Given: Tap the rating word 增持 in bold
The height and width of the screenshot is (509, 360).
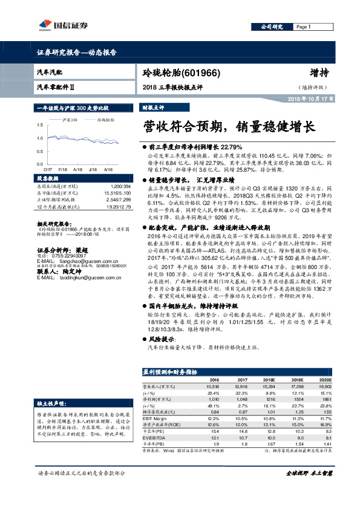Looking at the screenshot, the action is [x=319, y=73].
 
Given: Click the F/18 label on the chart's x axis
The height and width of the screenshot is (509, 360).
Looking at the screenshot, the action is [x=62, y=170].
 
